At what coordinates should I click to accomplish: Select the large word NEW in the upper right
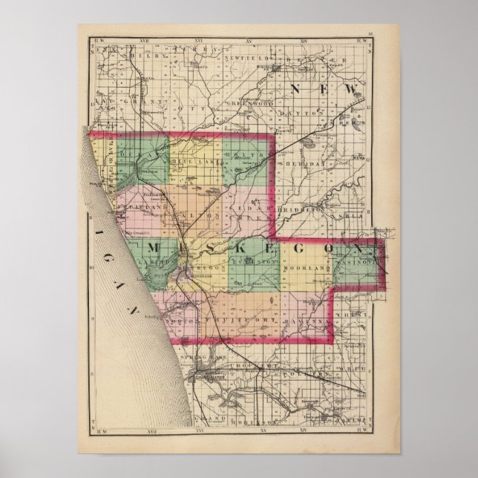coord(318,90)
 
